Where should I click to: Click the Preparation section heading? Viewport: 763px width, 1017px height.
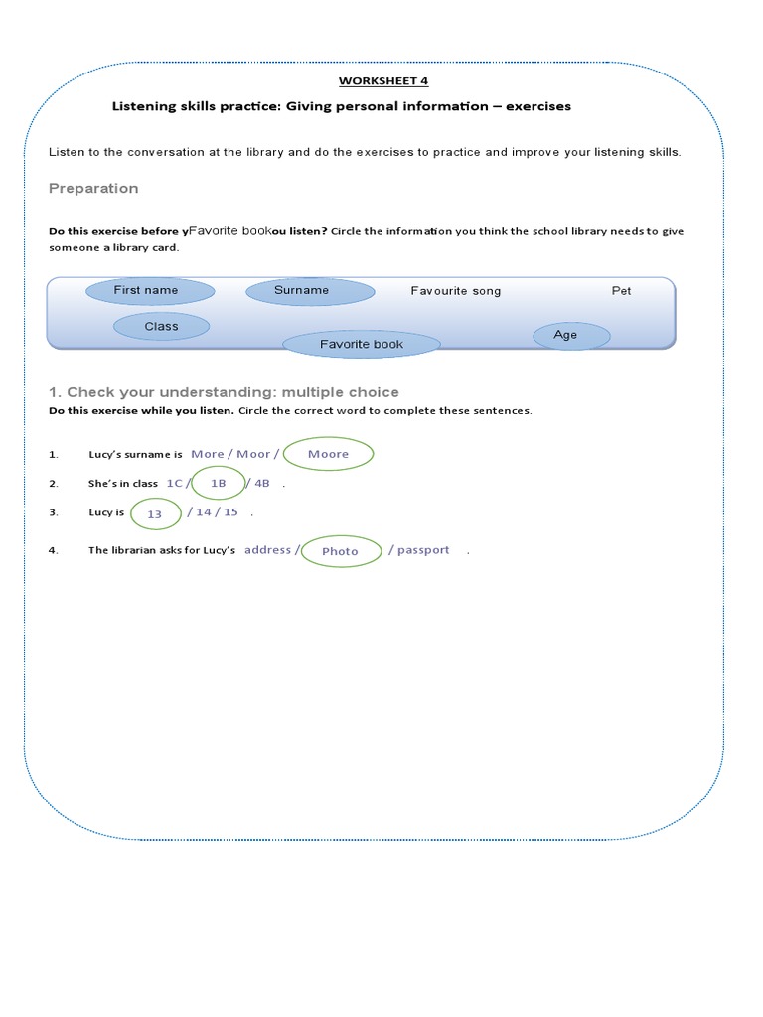coord(93,188)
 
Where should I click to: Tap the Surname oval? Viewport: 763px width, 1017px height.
coord(309,291)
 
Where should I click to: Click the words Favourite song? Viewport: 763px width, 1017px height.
coord(455,291)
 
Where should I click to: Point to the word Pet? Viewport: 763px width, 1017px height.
coord(621,291)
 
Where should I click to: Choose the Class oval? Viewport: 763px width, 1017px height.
coord(161,326)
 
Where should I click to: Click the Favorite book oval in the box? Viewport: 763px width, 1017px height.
coord(362,345)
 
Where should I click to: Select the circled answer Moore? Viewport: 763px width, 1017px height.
coord(328,454)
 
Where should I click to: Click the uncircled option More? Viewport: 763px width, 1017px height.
coord(208,454)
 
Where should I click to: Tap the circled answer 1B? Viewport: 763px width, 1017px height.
coord(219,484)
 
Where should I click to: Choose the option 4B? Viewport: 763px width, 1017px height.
coord(262,484)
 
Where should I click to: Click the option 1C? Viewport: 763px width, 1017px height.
coord(175,484)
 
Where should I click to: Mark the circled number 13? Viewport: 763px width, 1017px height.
coord(155,513)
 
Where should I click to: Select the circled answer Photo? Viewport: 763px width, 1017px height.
coord(340,551)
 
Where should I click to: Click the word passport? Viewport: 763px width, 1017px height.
coord(423,550)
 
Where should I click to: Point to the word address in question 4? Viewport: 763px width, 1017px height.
coord(267,550)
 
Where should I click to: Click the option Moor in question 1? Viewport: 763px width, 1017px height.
coord(253,454)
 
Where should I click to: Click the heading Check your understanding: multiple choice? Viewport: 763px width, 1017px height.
coord(224,392)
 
